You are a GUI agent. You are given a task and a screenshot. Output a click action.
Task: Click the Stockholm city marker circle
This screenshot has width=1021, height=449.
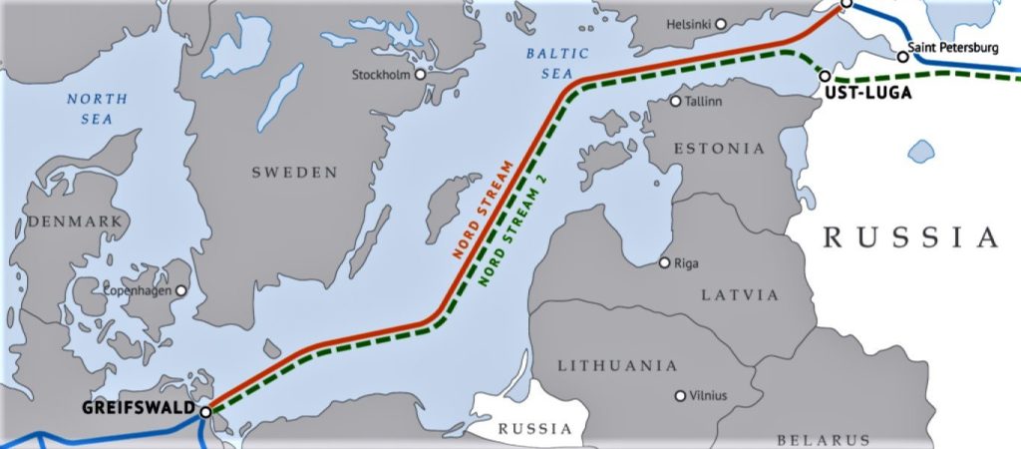420,74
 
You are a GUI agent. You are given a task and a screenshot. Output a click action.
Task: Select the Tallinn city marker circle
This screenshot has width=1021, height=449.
676,101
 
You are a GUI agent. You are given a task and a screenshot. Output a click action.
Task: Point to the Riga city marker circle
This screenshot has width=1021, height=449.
665,263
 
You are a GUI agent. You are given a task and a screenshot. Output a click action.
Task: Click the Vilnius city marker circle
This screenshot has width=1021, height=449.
681,396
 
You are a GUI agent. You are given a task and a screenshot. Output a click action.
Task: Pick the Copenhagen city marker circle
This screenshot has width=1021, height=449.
181,290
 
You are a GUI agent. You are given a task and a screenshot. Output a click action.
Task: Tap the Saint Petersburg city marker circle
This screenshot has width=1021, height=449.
903,57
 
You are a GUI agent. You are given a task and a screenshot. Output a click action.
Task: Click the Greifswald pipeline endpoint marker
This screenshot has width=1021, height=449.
205,411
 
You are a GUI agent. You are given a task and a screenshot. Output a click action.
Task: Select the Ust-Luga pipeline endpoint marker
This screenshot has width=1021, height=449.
825,76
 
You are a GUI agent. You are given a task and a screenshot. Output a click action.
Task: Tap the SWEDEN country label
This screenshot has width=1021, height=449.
294,173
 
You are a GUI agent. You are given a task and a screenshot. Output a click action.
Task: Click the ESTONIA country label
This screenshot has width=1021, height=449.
719,149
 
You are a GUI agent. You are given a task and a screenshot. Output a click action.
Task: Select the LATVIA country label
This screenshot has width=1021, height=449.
739,295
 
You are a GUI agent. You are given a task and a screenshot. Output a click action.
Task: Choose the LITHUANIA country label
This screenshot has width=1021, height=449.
618,366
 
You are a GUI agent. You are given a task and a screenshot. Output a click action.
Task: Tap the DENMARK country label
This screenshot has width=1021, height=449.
62,221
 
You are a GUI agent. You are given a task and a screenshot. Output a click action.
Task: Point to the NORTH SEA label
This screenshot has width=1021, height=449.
97,109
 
